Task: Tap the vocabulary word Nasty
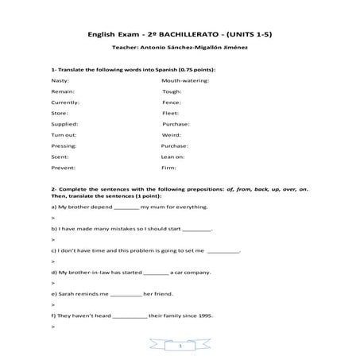coord(60,80)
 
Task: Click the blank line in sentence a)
coord(126,207)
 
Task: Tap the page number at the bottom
coord(180,346)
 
